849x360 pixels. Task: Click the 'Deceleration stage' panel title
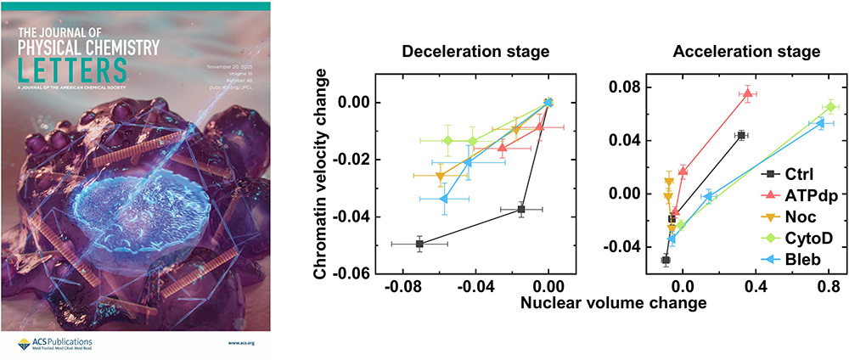click(x=475, y=52)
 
